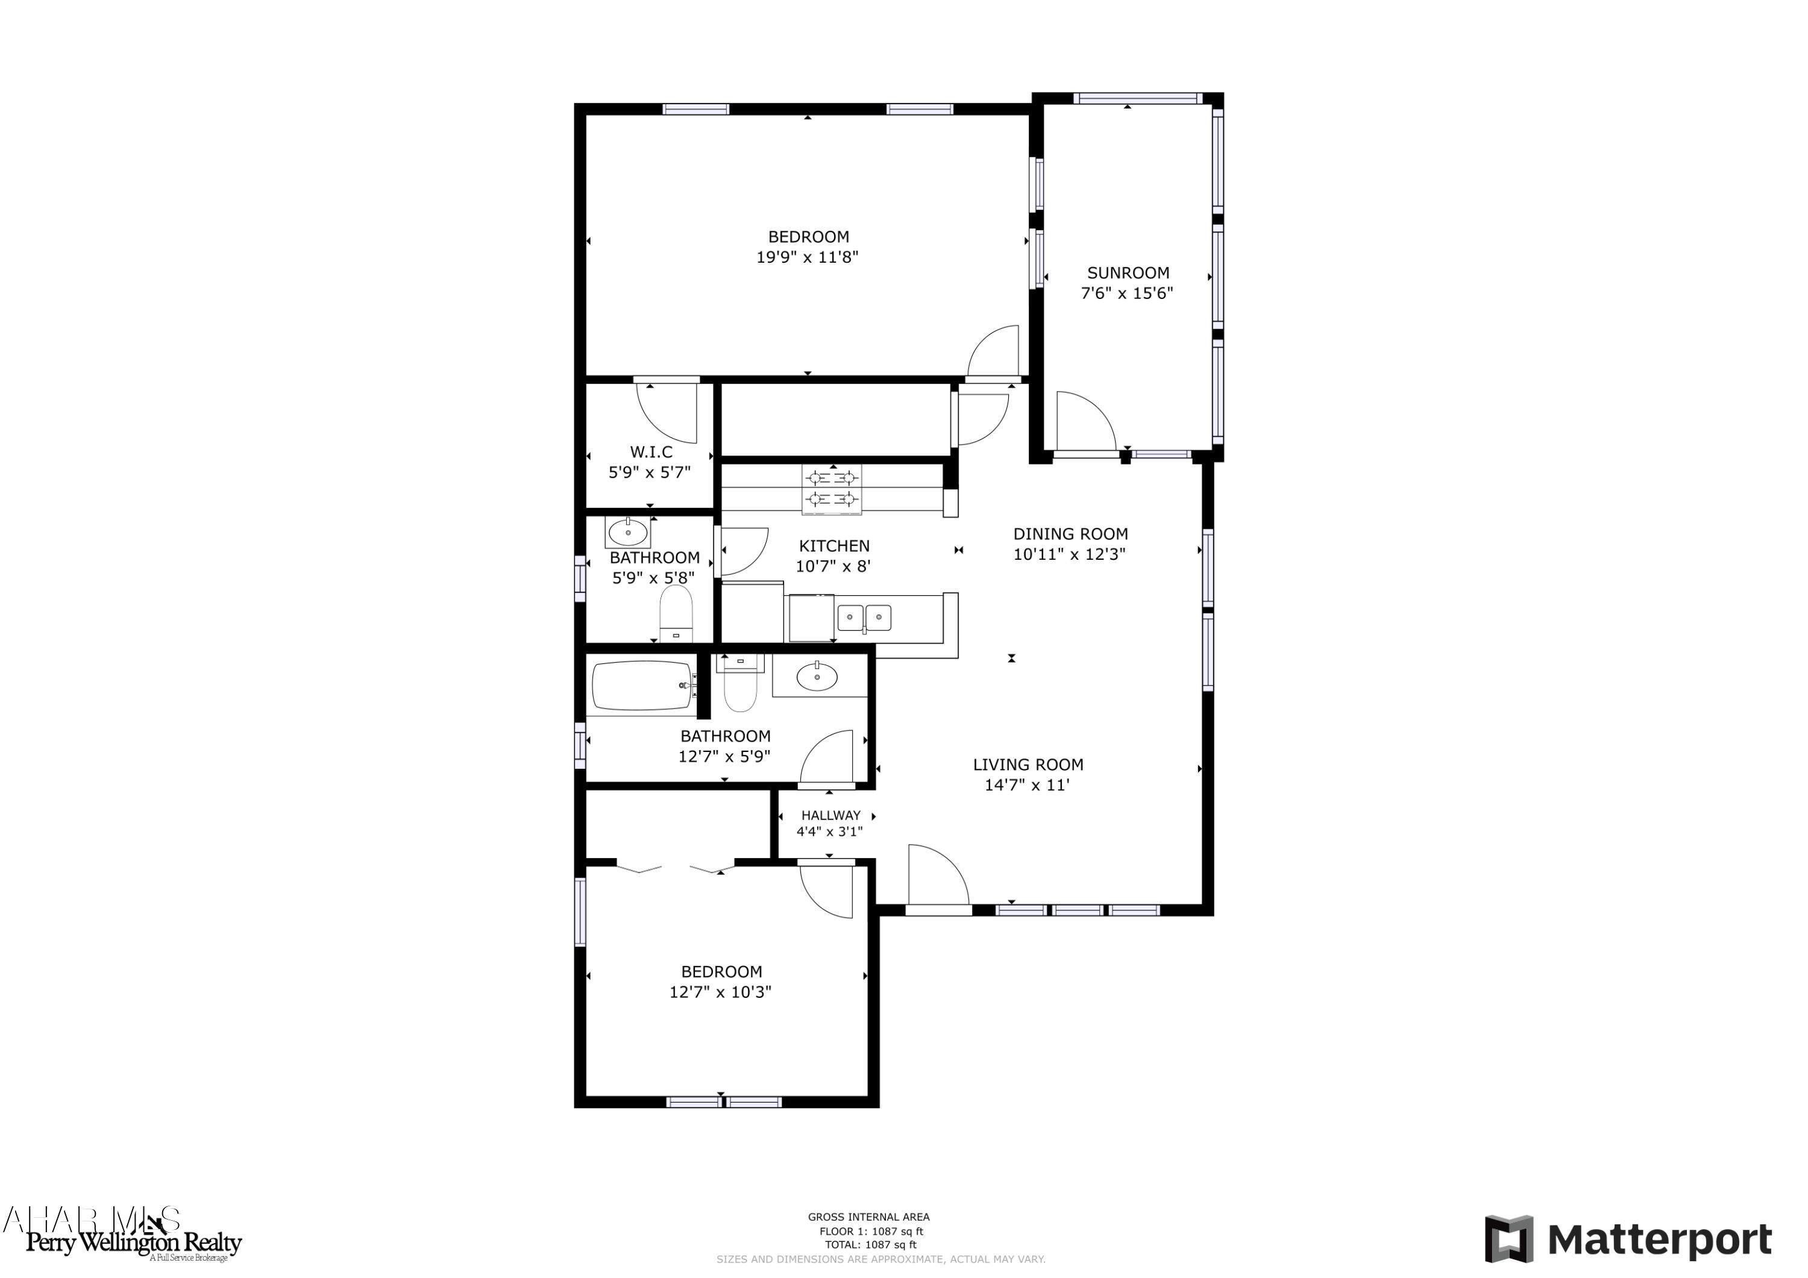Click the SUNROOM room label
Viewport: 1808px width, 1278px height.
coord(1128,273)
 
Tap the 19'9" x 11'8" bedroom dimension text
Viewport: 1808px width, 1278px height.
coord(807,257)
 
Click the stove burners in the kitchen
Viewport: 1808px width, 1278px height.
coord(832,488)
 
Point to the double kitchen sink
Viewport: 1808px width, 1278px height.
coord(864,618)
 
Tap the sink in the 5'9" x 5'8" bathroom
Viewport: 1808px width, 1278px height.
coord(627,532)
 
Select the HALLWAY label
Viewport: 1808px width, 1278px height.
coord(830,815)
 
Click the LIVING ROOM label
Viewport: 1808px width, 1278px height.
coord(1028,764)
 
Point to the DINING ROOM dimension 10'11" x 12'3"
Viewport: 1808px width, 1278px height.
coord(1069,554)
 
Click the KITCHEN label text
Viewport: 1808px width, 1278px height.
coord(834,546)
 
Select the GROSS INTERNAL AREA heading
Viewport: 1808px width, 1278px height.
coord(868,1217)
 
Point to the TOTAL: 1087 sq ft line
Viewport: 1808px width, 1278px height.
coord(870,1245)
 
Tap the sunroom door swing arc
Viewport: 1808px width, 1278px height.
coord(1086,421)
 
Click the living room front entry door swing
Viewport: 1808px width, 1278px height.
coord(938,875)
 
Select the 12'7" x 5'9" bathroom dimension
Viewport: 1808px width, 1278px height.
coord(724,757)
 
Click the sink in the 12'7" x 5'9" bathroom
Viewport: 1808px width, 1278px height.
coord(817,677)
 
